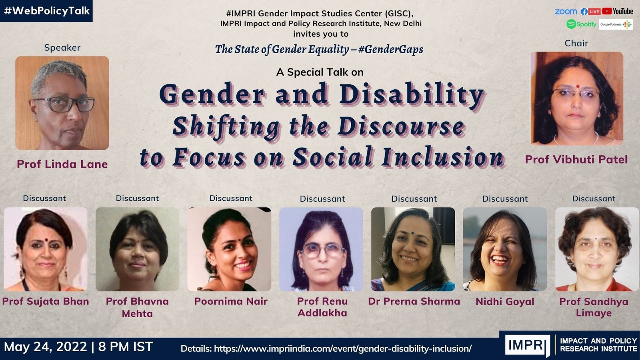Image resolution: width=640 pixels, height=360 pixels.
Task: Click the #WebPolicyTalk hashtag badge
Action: (46, 11)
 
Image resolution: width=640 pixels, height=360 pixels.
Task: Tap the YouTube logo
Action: (618, 11)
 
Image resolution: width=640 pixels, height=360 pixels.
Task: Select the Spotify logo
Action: (581, 24)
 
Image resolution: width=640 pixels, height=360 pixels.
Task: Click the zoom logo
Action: (566, 12)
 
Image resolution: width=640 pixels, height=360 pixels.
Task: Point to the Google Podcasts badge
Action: (616, 24)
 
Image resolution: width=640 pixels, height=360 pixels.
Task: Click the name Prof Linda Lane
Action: (62, 164)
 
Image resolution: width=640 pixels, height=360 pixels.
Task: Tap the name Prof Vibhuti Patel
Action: (576, 160)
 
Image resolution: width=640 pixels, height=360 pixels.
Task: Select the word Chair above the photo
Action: (576, 43)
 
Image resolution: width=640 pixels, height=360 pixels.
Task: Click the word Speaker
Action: (62, 48)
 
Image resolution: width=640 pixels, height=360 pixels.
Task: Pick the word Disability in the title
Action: (412, 95)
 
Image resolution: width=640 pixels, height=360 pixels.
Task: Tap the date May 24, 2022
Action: (45, 346)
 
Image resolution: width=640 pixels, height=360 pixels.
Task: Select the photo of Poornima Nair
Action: (229, 249)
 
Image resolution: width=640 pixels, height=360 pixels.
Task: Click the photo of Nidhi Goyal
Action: (505, 249)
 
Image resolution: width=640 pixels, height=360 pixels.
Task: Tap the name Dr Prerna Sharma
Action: (414, 301)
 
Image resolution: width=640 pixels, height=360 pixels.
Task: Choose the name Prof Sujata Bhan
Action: (46, 301)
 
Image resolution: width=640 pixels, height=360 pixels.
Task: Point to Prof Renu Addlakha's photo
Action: (321, 249)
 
